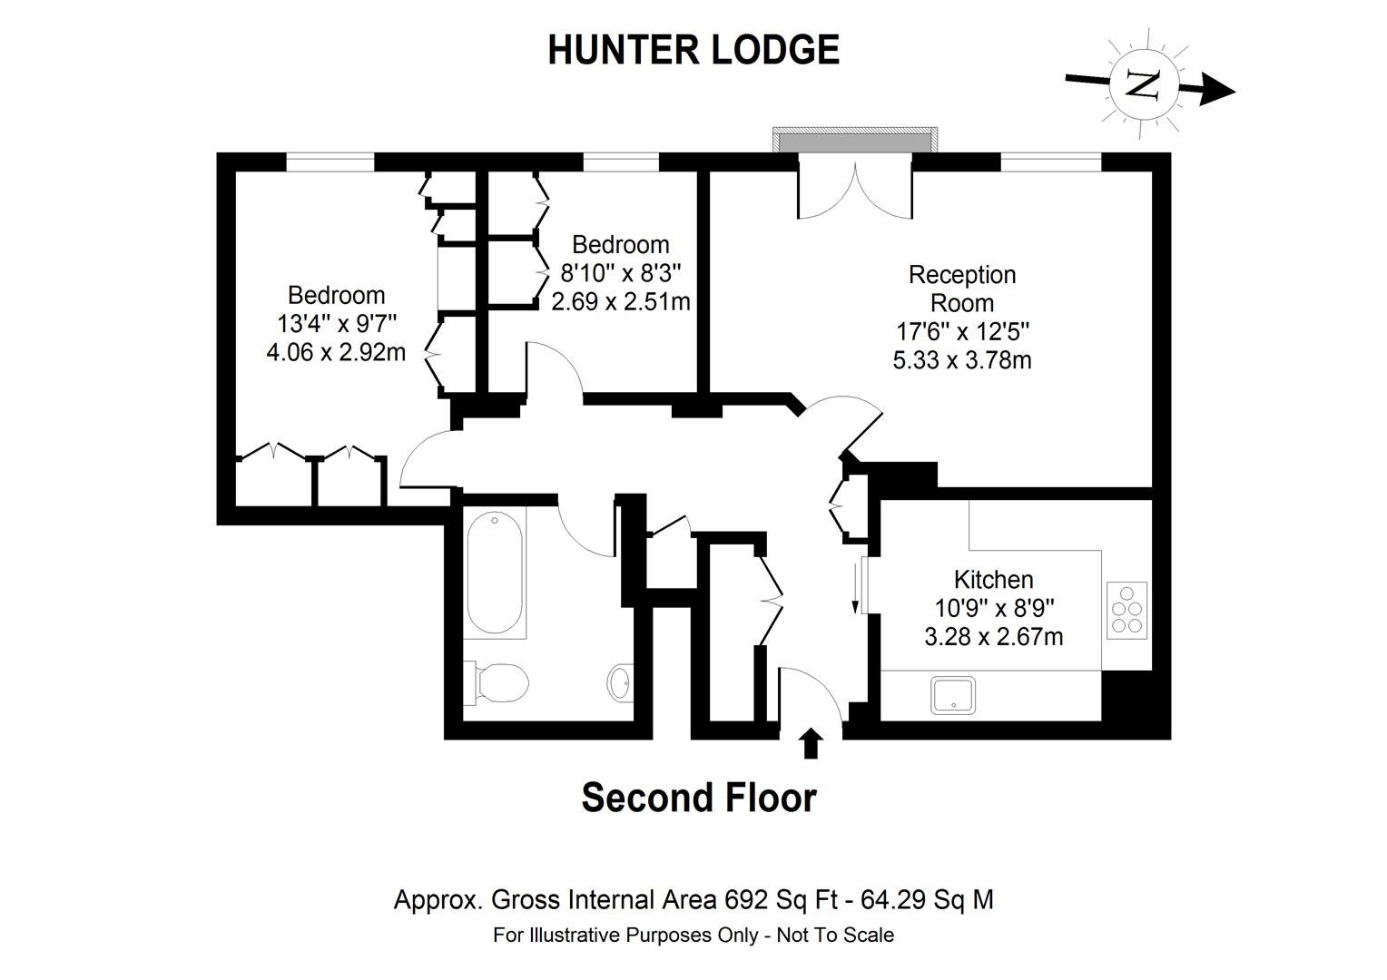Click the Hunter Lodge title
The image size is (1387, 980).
[693, 50]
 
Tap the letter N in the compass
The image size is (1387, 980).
[1141, 84]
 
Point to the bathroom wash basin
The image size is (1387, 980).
[622, 681]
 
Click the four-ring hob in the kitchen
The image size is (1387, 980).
[1126, 608]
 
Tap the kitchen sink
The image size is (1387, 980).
[952, 695]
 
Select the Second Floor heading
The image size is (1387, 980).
[698, 799]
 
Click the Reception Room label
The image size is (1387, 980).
[962, 289]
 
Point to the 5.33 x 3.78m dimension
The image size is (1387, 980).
[962, 360]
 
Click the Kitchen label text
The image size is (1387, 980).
[993, 579]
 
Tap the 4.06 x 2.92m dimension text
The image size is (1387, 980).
[336, 352]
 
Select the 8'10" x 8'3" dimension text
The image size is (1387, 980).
[621, 272]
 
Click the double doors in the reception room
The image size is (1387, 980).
[854, 189]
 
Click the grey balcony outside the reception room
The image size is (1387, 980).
[854, 142]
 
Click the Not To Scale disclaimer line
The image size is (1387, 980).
[693, 935]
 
